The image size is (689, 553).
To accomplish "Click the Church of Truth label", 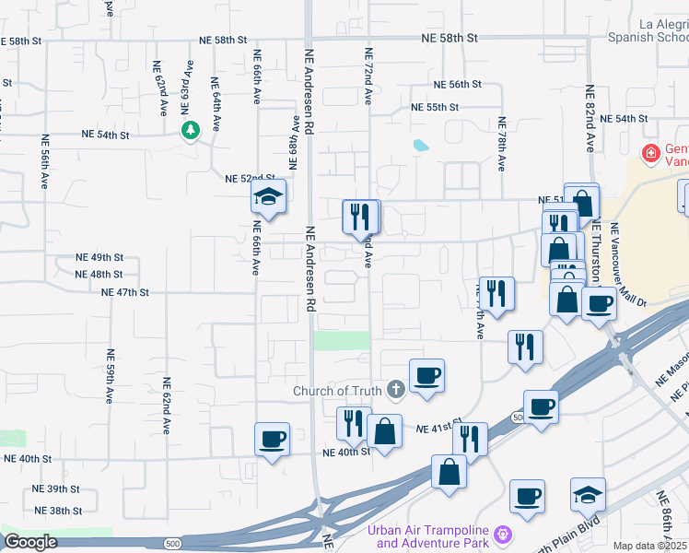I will (x=338, y=390).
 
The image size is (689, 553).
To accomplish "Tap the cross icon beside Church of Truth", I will (x=396, y=390).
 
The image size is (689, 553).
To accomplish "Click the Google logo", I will (x=30, y=542).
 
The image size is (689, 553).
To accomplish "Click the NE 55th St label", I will (x=436, y=107).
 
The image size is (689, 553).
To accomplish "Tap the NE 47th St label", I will (x=125, y=291).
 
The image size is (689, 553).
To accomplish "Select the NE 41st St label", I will (x=437, y=429).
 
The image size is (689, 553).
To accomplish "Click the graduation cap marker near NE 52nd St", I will (x=268, y=196).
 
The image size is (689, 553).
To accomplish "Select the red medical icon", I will (x=650, y=152).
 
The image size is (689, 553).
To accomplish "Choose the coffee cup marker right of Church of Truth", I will (x=426, y=376).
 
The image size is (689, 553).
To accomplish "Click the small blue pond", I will (x=421, y=145).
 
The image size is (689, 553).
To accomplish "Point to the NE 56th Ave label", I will (x=44, y=162).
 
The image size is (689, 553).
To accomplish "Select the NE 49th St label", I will (x=100, y=257).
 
